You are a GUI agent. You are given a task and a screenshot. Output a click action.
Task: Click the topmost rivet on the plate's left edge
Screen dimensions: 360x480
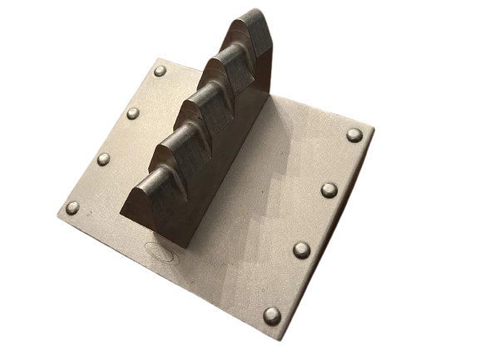(160, 72)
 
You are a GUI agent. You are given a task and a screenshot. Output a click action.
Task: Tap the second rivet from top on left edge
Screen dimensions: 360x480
(133, 113)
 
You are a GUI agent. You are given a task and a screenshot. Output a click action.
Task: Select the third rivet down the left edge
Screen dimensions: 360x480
(103, 159)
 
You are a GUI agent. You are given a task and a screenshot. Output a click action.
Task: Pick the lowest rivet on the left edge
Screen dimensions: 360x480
(73, 207)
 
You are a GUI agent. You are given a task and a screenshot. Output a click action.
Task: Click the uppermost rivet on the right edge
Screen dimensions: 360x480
(354, 135)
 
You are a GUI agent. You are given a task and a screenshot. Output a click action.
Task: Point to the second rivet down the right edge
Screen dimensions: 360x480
(329, 190)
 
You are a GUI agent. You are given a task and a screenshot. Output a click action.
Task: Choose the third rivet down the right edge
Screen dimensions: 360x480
(301, 249)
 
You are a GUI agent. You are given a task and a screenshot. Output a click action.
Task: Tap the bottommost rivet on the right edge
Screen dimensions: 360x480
(272, 315)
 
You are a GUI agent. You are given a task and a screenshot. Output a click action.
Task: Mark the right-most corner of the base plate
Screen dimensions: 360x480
(374, 131)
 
